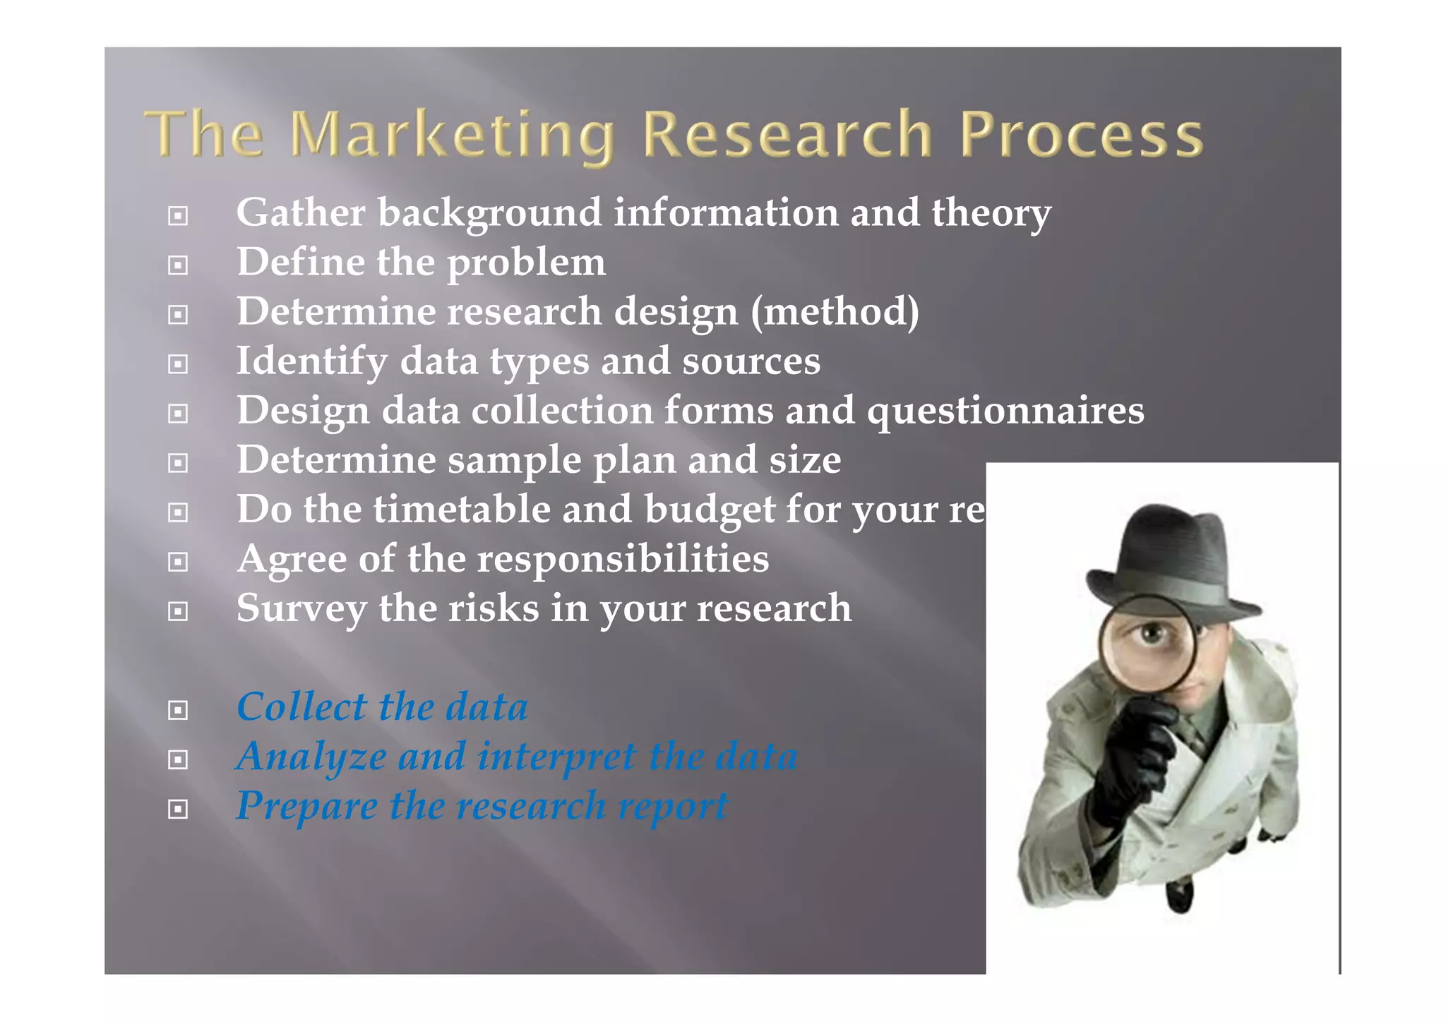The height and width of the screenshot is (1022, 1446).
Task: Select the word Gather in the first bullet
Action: [x=301, y=212]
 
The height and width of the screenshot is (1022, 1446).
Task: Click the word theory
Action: [x=991, y=213]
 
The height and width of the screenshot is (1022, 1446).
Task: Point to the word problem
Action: [x=526, y=263]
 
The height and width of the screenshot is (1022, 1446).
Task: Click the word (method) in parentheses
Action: [x=835, y=312]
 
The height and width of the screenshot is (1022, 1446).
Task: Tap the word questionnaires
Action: [x=1005, y=411]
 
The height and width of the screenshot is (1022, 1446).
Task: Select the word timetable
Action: [x=462, y=510]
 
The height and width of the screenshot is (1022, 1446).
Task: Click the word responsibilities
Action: [x=623, y=559]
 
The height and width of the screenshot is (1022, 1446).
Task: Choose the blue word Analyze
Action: [x=311, y=757]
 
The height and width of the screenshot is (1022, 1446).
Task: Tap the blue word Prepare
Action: [x=306, y=807]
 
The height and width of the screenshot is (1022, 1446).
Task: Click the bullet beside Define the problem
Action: [x=178, y=265]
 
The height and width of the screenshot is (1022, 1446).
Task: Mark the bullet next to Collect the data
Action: [x=178, y=709]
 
